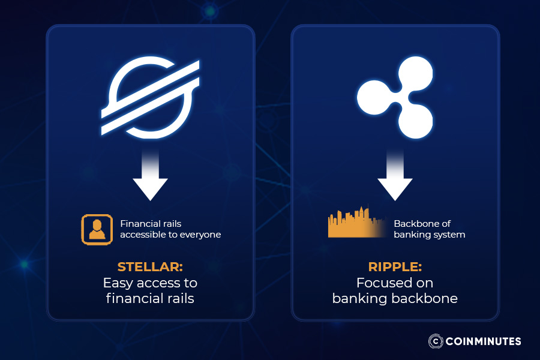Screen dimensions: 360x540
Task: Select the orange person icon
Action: point(97,229)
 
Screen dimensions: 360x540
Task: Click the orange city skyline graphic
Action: point(357,224)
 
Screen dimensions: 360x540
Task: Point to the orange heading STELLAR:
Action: point(150,266)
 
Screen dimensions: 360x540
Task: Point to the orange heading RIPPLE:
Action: point(395,266)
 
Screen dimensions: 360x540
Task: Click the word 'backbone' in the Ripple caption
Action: point(427,298)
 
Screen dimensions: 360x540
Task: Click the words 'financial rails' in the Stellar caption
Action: point(150,298)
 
